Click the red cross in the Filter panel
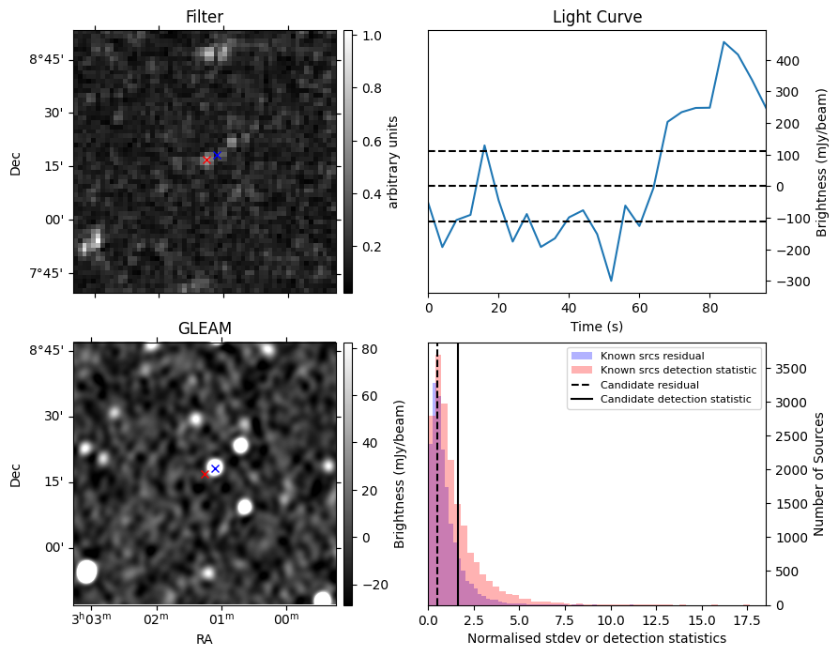click(x=206, y=160)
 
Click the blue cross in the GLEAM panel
click(x=216, y=469)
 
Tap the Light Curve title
click(x=597, y=17)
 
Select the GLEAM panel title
click(x=205, y=328)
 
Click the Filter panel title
click(x=205, y=17)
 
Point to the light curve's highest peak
click(x=724, y=41)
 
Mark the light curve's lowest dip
click(x=611, y=281)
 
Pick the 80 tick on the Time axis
click(x=709, y=308)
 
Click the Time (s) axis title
click(x=597, y=327)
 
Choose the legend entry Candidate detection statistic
click(x=676, y=399)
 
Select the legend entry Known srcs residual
click(x=652, y=356)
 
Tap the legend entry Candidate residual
click(x=649, y=385)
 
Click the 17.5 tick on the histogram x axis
click(x=747, y=620)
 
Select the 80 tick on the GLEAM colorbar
click(x=370, y=349)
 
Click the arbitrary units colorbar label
click(x=393, y=162)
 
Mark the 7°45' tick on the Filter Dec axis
click(x=47, y=273)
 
